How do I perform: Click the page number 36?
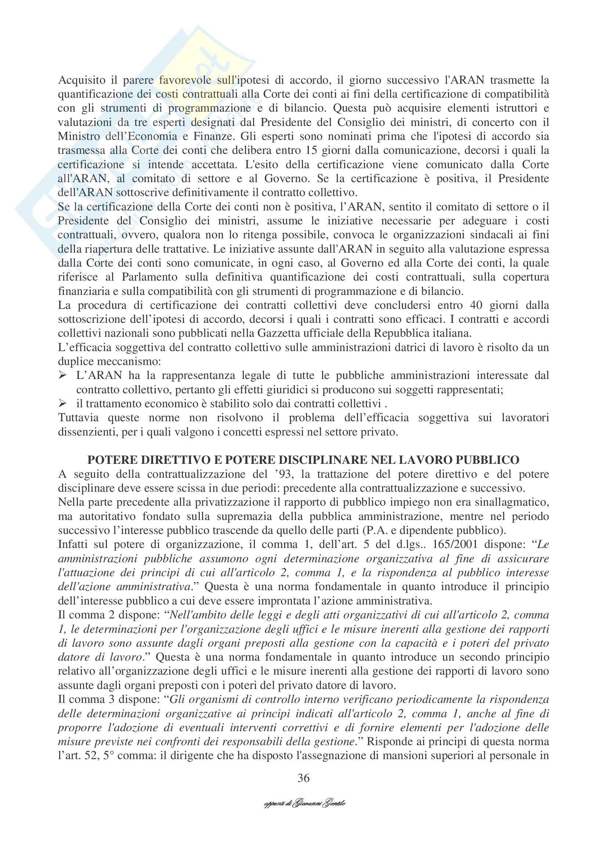303,778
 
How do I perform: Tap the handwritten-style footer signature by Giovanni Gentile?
304,803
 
